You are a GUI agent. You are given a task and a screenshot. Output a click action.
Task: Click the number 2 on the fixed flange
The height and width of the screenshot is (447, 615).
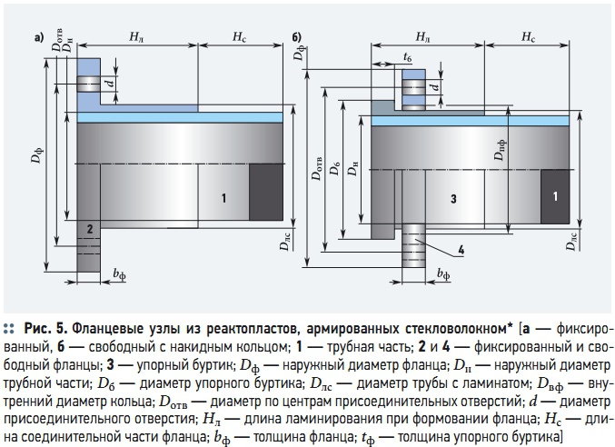click(90, 229)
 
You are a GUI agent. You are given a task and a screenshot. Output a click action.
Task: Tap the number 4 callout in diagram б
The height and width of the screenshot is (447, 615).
click(461, 250)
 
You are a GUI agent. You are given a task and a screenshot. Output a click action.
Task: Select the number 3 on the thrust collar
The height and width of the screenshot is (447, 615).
click(453, 199)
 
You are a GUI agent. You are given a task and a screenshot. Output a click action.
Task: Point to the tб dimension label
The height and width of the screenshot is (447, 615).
click(408, 57)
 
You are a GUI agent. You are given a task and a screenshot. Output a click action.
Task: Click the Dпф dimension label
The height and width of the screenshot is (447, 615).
click(501, 150)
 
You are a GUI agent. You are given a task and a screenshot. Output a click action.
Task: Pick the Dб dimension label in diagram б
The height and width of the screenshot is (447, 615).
click(335, 169)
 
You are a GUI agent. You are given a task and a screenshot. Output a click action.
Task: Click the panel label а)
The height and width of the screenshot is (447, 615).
click(39, 37)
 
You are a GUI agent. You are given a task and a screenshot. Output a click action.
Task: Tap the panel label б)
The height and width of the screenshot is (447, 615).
click(296, 37)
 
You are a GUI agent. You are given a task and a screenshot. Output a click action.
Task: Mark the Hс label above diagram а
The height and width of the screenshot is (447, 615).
click(239, 37)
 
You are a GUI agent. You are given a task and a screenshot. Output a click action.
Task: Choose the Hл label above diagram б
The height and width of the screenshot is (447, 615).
click(422, 37)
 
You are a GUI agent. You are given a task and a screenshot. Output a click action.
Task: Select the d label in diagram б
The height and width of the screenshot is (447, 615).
click(436, 86)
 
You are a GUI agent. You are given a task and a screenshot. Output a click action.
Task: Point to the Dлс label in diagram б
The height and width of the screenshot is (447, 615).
click(571, 241)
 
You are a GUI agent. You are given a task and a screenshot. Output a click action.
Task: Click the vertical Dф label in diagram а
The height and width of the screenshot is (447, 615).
click(36, 155)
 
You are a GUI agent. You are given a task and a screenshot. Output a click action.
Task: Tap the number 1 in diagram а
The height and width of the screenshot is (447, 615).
click(223, 198)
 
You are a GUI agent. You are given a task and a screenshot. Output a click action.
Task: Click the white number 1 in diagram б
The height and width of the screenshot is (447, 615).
click(555, 196)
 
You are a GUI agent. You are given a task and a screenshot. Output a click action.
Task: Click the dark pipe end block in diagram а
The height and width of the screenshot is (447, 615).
click(266, 192)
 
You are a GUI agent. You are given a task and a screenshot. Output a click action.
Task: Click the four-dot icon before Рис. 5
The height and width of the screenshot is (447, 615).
click(9, 329)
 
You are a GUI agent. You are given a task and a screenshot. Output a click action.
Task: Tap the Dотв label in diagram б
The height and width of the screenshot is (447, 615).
click(317, 169)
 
